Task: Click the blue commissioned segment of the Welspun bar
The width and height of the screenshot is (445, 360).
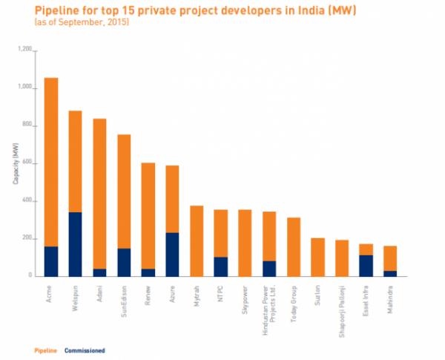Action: point(75,244)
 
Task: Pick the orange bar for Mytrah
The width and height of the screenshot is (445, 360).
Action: point(197,241)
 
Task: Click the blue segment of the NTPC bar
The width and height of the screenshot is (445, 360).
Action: point(220,266)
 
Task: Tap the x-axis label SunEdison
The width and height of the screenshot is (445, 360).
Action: point(125,301)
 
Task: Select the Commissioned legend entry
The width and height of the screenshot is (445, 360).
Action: point(85,350)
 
